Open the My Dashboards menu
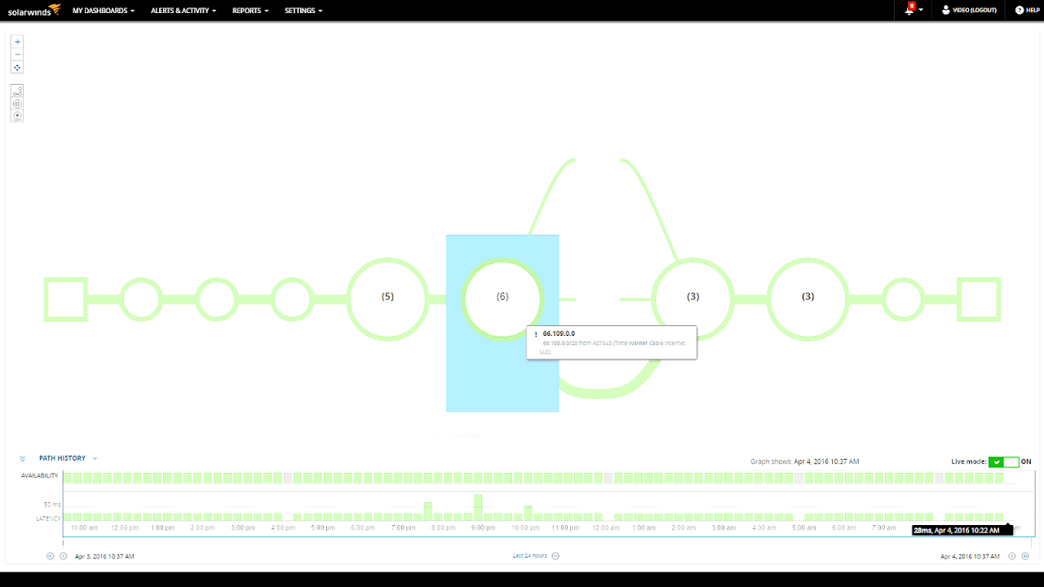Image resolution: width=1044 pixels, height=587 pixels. click(x=103, y=11)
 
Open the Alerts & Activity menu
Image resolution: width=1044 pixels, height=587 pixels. click(x=183, y=11)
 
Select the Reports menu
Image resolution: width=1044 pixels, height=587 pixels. click(x=250, y=11)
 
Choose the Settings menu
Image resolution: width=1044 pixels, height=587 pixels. click(x=303, y=11)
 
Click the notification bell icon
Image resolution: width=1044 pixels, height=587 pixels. click(x=910, y=11)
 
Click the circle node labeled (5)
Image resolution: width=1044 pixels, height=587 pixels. click(x=387, y=297)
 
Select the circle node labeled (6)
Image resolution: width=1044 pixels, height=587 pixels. click(x=502, y=297)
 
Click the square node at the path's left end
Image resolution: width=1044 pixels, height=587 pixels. click(x=65, y=299)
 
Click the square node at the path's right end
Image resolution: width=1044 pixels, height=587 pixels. click(x=979, y=299)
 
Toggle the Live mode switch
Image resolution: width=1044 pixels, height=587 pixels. click(x=1003, y=462)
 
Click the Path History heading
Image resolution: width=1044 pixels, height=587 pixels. click(x=62, y=458)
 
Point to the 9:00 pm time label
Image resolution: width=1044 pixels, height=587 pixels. click(x=484, y=527)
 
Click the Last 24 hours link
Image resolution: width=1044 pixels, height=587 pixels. click(x=530, y=556)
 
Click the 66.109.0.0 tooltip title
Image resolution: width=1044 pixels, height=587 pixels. click(x=559, y=333)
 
